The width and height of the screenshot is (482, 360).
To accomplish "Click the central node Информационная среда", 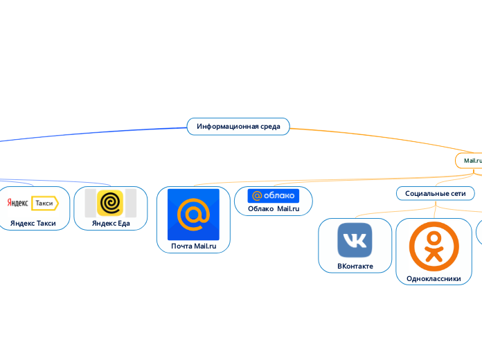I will (x=238, y=126).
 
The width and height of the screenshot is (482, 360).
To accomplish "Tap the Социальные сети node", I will (x=435, y=193).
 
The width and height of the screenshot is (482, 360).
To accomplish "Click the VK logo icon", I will (x=355, y=240).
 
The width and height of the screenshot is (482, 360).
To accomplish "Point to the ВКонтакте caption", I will (x=355, y=266).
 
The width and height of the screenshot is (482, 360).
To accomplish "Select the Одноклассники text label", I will (x=434, y=278).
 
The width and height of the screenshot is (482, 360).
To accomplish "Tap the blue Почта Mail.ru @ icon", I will (x=193, y=214).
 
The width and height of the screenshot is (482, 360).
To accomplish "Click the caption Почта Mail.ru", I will (x=193, y=246).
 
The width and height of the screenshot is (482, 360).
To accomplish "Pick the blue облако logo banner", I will (x=273, y=196).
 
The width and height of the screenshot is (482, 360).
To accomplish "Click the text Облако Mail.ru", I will (x=273, y=209).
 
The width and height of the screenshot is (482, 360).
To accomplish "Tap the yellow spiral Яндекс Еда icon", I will (x=110, y=203).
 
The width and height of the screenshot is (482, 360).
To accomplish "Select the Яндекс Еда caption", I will (x=110, y=223).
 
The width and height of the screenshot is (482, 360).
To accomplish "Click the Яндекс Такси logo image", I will (x=33, y=203).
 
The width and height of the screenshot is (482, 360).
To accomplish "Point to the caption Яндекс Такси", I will (x=33, y=223).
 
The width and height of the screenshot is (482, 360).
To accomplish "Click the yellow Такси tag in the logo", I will (x=45, y=203).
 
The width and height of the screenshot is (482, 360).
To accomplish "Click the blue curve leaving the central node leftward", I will (x=90, y=132).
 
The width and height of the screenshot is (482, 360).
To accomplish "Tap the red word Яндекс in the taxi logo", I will (x=17, y=203).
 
